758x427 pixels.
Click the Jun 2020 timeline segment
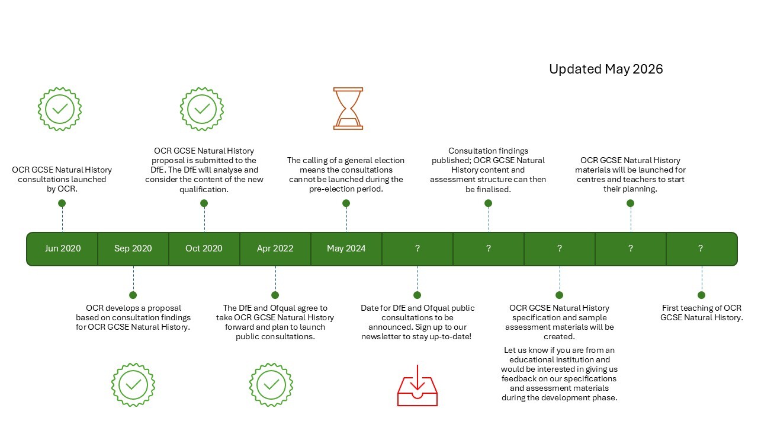63,248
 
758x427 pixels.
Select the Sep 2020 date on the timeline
133,248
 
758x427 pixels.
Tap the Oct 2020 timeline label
204,248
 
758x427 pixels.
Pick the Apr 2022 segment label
275,248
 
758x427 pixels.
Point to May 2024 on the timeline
346,248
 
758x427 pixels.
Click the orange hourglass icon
348,109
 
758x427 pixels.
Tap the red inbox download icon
417,385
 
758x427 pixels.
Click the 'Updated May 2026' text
606,69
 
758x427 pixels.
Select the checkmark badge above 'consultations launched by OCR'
60,109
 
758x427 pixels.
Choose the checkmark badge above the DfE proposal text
202,109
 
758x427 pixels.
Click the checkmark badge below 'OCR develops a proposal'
133,385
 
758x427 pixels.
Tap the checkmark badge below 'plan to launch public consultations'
271,385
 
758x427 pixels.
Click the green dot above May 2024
346,203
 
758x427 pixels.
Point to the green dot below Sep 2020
133,295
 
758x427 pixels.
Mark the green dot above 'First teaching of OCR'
702,295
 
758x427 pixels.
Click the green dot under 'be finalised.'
488,203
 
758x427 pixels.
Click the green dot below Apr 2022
275,295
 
